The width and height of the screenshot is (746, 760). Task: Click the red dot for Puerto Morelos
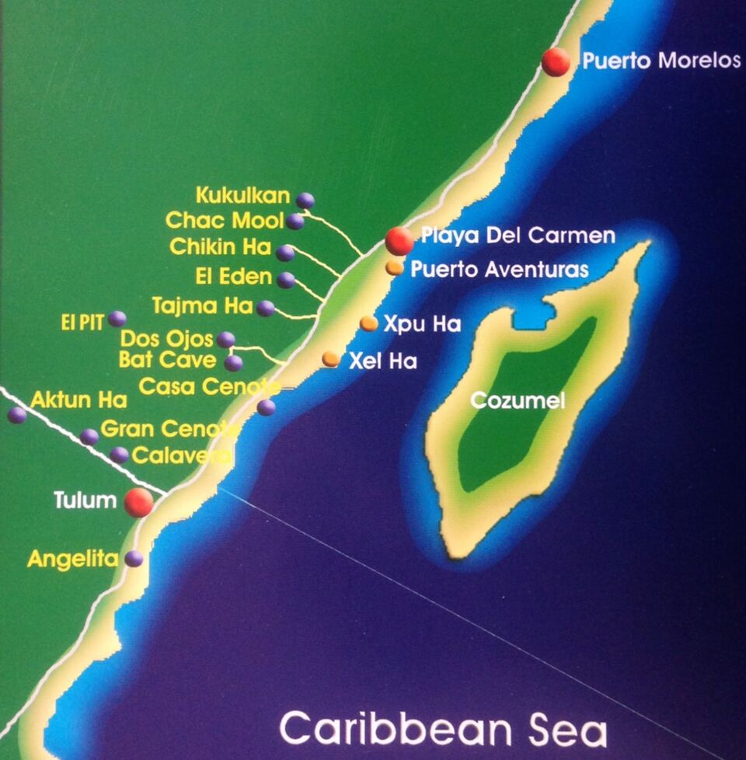(556, 62)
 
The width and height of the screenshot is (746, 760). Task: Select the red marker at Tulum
(139, 502)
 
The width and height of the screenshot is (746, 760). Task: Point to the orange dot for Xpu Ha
(369, 323)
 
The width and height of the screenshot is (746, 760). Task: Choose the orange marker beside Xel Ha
(331, 358)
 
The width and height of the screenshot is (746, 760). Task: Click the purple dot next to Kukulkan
(305, 200)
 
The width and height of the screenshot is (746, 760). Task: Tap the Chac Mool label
(224, 221)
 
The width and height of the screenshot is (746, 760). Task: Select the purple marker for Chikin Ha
(285, 253)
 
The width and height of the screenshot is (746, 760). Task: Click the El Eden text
(234, 277)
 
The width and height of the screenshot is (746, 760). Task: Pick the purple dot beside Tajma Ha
(266, 309)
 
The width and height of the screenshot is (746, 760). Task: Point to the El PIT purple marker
(117, 319)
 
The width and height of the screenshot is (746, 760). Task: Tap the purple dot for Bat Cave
(233, 363)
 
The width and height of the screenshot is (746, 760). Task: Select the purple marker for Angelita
(134, 558)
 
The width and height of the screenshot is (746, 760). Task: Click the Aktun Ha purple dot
(17, 414)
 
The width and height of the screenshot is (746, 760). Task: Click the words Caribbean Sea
(443, 728)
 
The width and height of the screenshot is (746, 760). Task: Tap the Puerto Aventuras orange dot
(395, 268)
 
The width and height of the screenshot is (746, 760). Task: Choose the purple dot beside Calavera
(119, 455)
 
